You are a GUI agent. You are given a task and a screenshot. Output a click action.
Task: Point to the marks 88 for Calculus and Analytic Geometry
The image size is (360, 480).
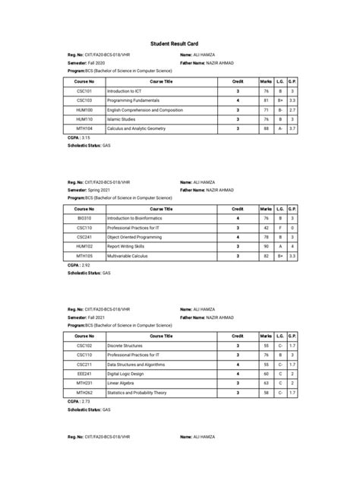(267, 128)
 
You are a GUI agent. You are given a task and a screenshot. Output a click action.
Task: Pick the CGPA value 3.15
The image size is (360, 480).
(86, 137)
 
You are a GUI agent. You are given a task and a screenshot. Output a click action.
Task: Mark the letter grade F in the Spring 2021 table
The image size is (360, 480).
(279, 227)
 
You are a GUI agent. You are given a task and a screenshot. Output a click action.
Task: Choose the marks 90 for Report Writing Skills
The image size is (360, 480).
(267, 246)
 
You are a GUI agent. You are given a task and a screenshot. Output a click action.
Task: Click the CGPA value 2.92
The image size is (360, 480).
(86, 265)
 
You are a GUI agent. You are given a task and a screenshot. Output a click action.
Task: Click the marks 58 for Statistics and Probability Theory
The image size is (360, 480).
(267, 393)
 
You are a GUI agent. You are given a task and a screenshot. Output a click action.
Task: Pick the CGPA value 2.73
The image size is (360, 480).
(86, 401)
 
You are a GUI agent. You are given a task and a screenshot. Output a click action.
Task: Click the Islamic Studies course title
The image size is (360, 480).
(125, 118)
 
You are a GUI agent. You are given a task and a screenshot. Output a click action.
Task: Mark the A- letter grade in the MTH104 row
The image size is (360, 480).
(279, 128)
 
